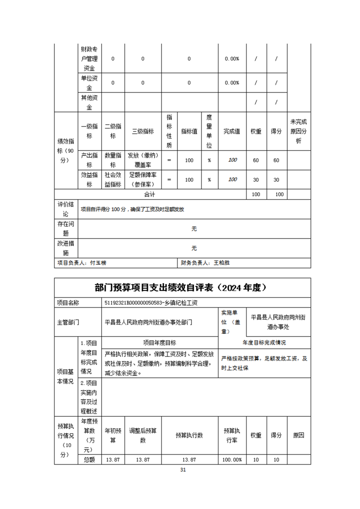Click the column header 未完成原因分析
298,131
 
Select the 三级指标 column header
143,131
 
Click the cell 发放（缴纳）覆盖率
143,160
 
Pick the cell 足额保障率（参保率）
143,179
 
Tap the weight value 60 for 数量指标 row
256,160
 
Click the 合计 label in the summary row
150,194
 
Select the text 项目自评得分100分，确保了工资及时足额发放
132,210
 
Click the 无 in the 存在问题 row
194,229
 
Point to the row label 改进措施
66,248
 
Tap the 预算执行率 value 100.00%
232,460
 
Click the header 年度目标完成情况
264,343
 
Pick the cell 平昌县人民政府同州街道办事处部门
148,323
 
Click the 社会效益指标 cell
113,179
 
